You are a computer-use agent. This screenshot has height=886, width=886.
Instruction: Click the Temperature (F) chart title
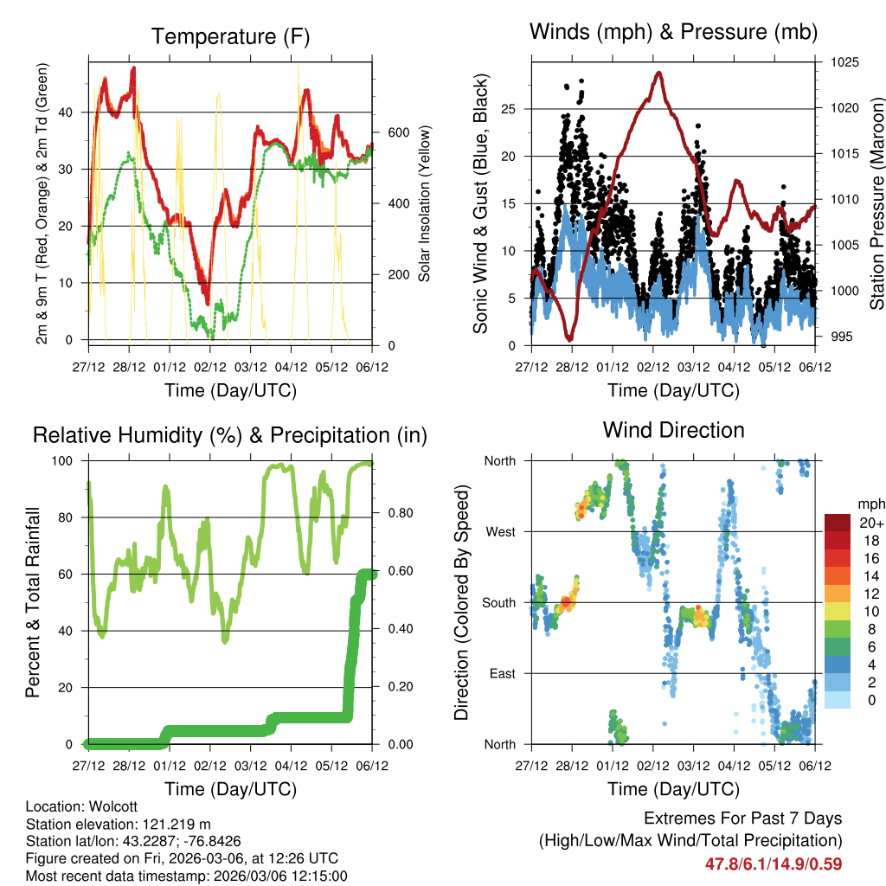[x=230, y=36]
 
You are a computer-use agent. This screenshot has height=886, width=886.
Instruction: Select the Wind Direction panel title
[x=673, y=430]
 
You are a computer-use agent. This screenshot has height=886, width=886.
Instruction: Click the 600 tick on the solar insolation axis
[x=397, y=132]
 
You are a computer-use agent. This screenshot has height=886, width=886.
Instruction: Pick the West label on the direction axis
[x=501, y=531]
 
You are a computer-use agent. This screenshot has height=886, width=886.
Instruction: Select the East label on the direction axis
[x=502, y=673]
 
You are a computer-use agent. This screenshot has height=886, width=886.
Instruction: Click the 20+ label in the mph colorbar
[x=871, y=523]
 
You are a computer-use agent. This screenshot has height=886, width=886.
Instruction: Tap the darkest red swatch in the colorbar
[x=838, y=523]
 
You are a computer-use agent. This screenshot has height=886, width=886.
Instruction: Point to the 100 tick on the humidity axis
[x=69, y=461]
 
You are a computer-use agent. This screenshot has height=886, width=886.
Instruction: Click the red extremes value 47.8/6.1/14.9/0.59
[x=774, y=864]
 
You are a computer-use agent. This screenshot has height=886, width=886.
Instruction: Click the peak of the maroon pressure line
[x=659, y=73]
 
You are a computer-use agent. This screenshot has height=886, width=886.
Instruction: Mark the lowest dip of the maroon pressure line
[x=568, y=338]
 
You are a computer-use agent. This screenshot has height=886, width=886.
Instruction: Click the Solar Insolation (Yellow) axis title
[x=424, y=204]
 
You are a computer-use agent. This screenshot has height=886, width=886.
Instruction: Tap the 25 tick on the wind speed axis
[x=515, y=109]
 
